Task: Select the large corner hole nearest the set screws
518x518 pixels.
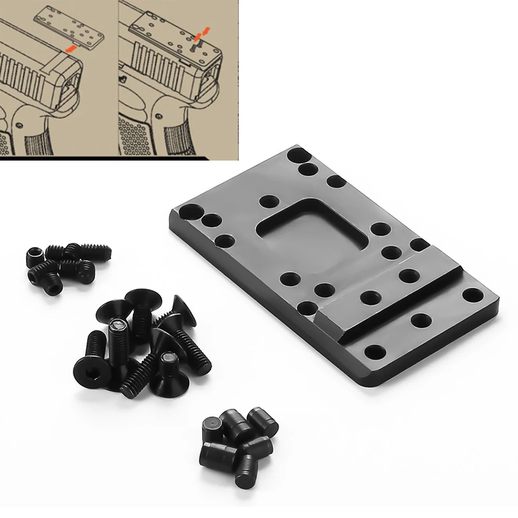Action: click(x=190, y=212)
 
